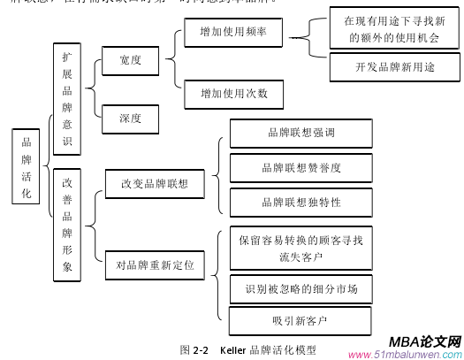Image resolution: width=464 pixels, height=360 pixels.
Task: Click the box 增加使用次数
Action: [x=233, y=93]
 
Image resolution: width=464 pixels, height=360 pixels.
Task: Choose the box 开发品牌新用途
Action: [x=390, y=66]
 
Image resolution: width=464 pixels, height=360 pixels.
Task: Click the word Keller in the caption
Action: [x=233, y=349]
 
